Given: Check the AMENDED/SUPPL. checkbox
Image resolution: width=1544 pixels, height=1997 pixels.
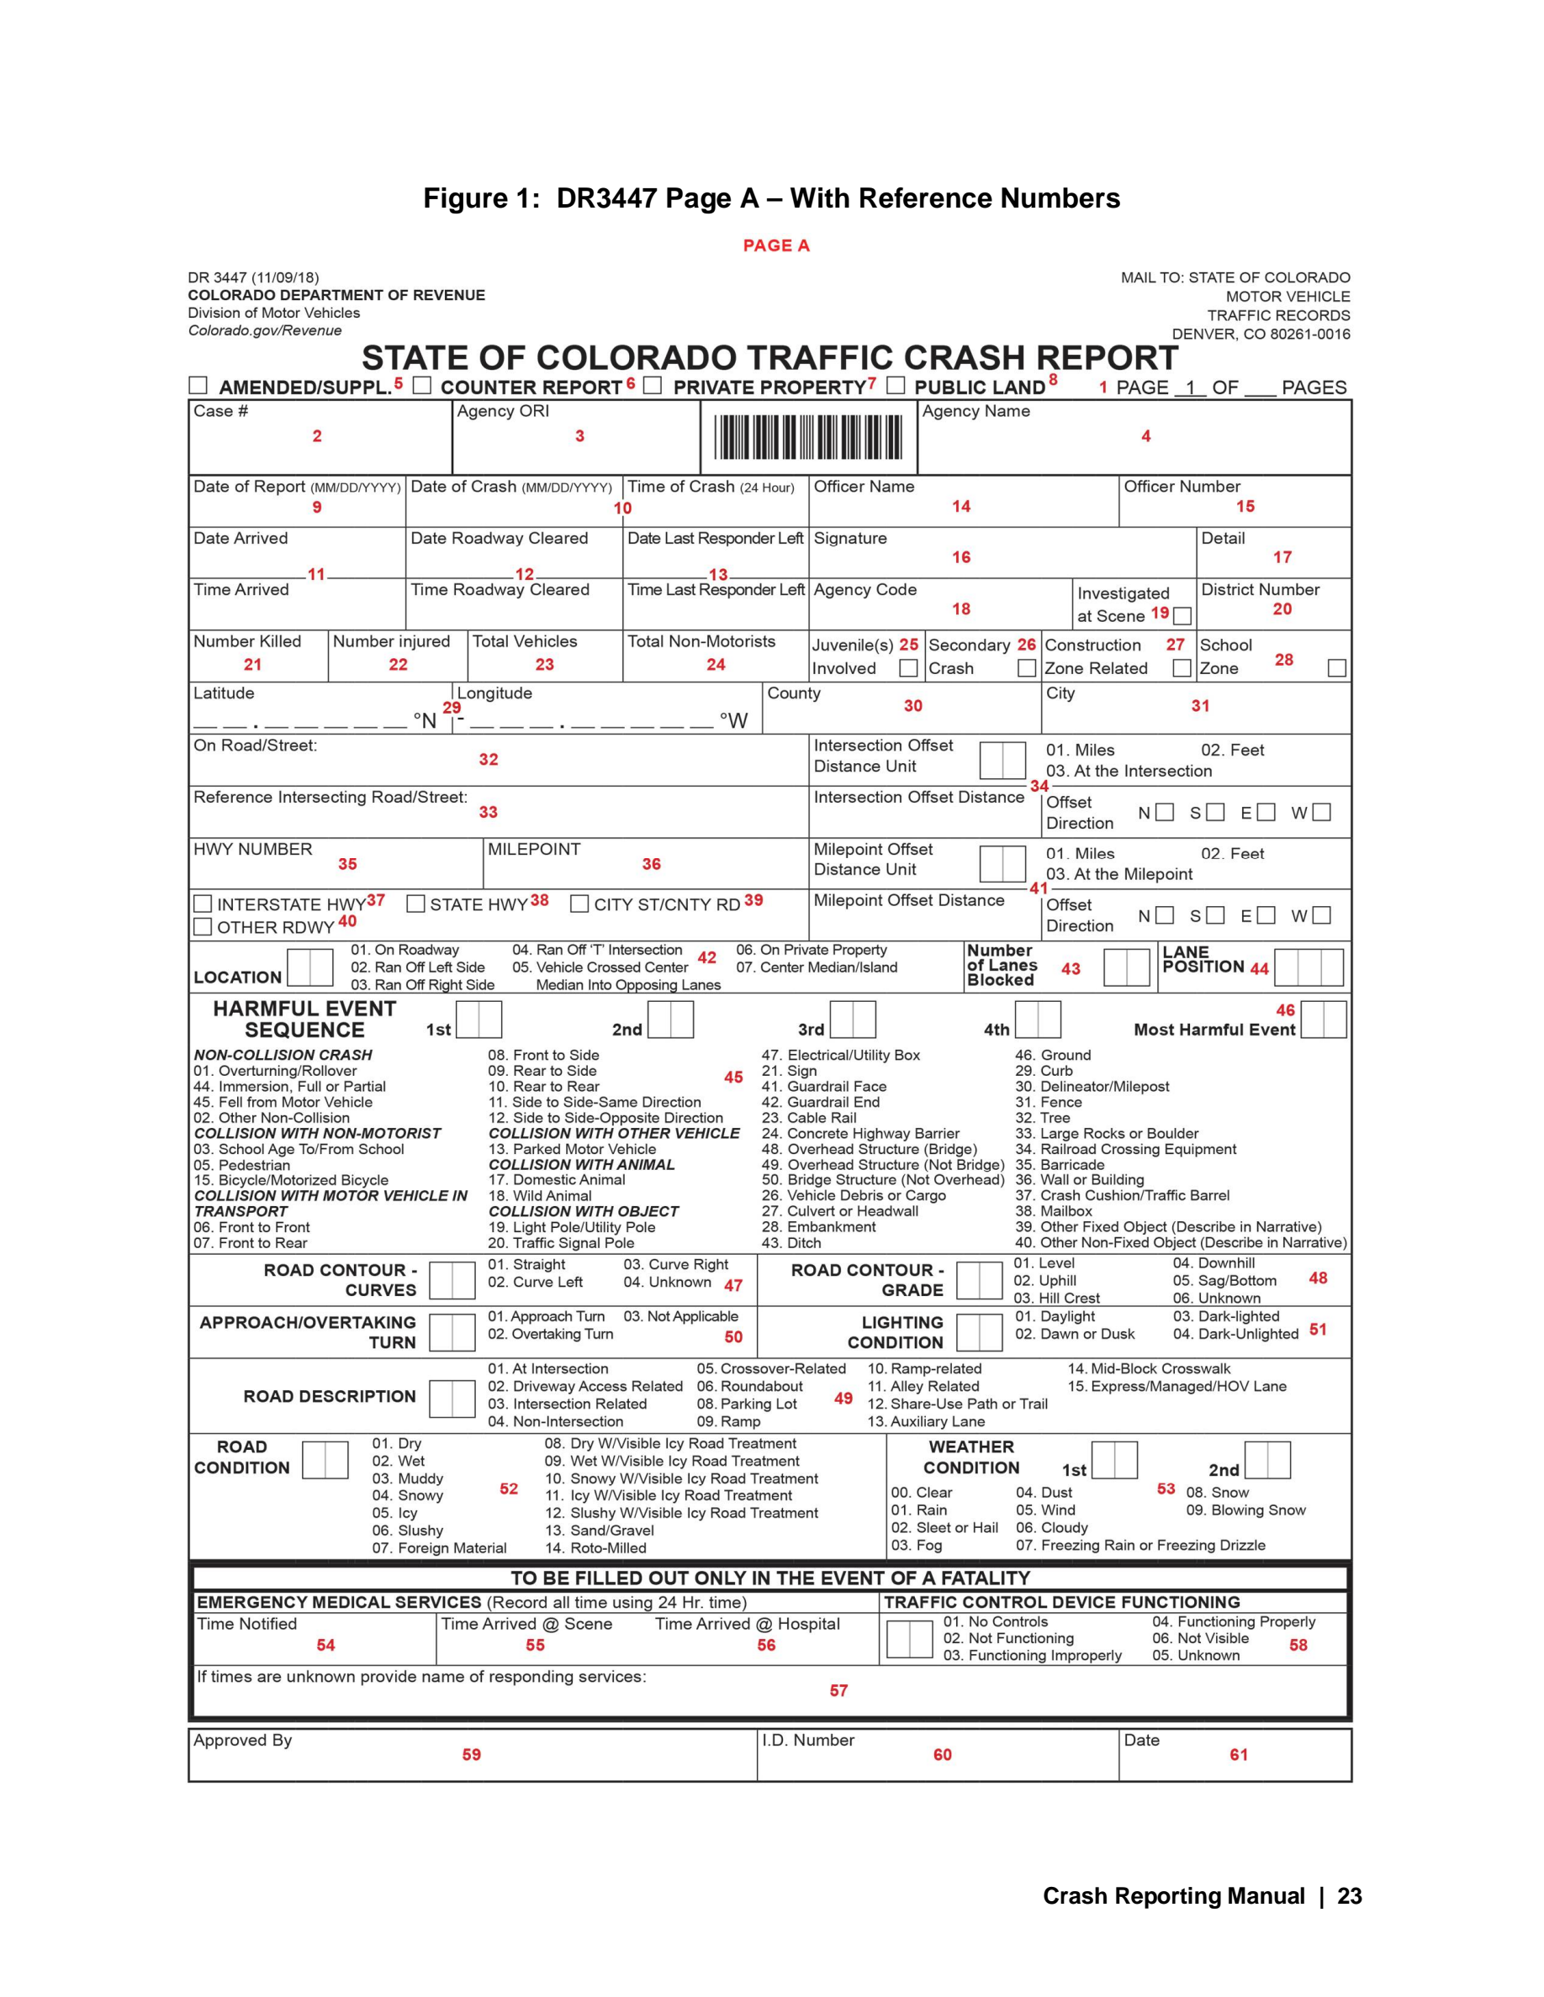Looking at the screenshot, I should tap(198, 386).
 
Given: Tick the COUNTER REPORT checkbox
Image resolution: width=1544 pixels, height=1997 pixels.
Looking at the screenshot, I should tap(421, 386).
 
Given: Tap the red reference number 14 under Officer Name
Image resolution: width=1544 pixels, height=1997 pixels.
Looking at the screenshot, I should tap(960, 507).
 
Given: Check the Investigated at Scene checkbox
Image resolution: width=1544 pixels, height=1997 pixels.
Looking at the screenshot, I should tap(1182, 616).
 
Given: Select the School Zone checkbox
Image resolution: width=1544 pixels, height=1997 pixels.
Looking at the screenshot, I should tap(1336, 668).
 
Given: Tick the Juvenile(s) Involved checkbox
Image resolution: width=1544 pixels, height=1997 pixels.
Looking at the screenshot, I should tap(908, 668).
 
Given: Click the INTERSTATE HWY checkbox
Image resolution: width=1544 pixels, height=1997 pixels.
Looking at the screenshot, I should tap(203, 904).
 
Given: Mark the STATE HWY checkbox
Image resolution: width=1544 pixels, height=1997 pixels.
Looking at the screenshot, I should tap(415, 904).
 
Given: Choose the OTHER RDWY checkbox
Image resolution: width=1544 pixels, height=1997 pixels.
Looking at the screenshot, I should tap(203, 927).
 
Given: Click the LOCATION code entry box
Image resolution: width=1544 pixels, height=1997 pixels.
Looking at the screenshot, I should tap(310, 967).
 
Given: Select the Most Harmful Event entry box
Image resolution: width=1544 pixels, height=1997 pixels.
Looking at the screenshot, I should tap(1323, 1020).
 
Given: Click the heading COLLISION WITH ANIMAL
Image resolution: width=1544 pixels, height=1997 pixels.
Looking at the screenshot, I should tap(581, 1165).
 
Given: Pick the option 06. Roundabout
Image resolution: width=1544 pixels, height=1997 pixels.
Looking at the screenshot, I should tap(749, 1386).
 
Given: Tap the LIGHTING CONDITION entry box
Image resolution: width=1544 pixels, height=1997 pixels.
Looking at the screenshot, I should tap(979, 1332).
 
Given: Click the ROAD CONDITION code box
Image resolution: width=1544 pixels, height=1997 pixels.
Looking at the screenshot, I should tap(325, 1460).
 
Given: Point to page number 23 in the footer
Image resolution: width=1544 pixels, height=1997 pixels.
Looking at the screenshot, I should tap(1349, 1896).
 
